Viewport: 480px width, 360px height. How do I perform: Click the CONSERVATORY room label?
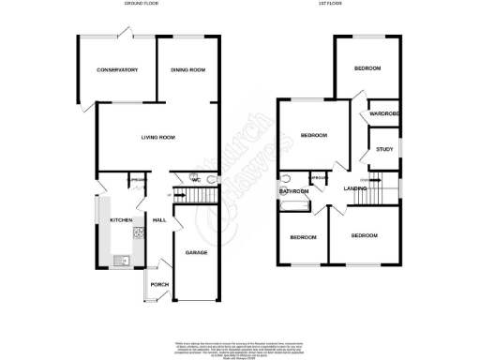coord(117,69)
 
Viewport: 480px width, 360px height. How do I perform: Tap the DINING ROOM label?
coord(187,69)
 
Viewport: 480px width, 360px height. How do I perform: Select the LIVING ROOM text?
coord(158,138)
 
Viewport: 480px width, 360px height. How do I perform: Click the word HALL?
coord(159,220)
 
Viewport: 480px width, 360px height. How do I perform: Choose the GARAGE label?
coord(195,253)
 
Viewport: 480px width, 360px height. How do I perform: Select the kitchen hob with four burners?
coord(139,233)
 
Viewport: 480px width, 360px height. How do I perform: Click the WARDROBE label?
coord(384,114)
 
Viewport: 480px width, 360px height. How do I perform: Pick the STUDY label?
coord(384,148)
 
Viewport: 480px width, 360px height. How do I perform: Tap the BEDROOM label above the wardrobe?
coord(367,69)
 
